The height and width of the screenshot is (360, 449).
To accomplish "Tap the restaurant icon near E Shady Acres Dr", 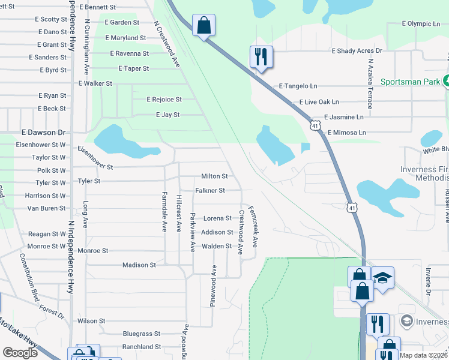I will click(261, 56).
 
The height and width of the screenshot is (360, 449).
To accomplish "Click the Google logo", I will click(20, 353).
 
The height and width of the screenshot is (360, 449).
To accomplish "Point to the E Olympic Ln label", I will click(421, 24).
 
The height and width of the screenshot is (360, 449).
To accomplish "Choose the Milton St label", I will click(214, 176).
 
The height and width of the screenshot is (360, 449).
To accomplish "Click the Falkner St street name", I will click(210, 191).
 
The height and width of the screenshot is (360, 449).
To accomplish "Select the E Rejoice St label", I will click(164, 100).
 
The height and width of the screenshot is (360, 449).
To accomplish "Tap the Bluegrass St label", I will click(141, 334).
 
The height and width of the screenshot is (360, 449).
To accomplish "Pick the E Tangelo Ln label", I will click(298, 86).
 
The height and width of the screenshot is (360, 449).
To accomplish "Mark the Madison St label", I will click(139, 265).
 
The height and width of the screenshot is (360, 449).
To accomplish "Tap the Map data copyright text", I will click(423, 355).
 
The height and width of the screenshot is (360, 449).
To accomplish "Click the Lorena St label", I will click(217, 218).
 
